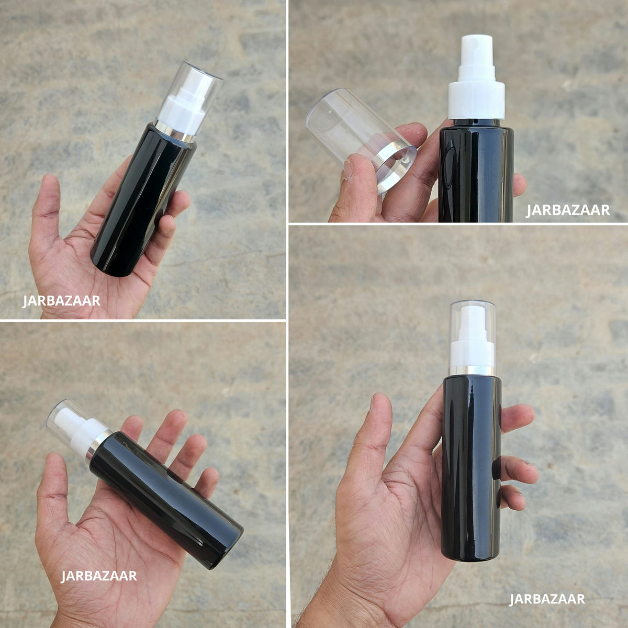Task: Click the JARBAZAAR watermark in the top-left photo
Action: [x=61, y=301]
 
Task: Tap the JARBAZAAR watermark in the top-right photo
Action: [x=568, y=210]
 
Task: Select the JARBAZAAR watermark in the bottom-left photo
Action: [x=99, y=576]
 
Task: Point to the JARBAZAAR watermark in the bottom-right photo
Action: [x=547, y=599]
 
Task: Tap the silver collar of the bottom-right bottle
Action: [x=472, y=371]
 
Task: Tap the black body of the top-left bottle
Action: [x=143, y=202]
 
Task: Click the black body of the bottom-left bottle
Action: [x=166, y=499]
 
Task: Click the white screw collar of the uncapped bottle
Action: [x=476, y=100]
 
